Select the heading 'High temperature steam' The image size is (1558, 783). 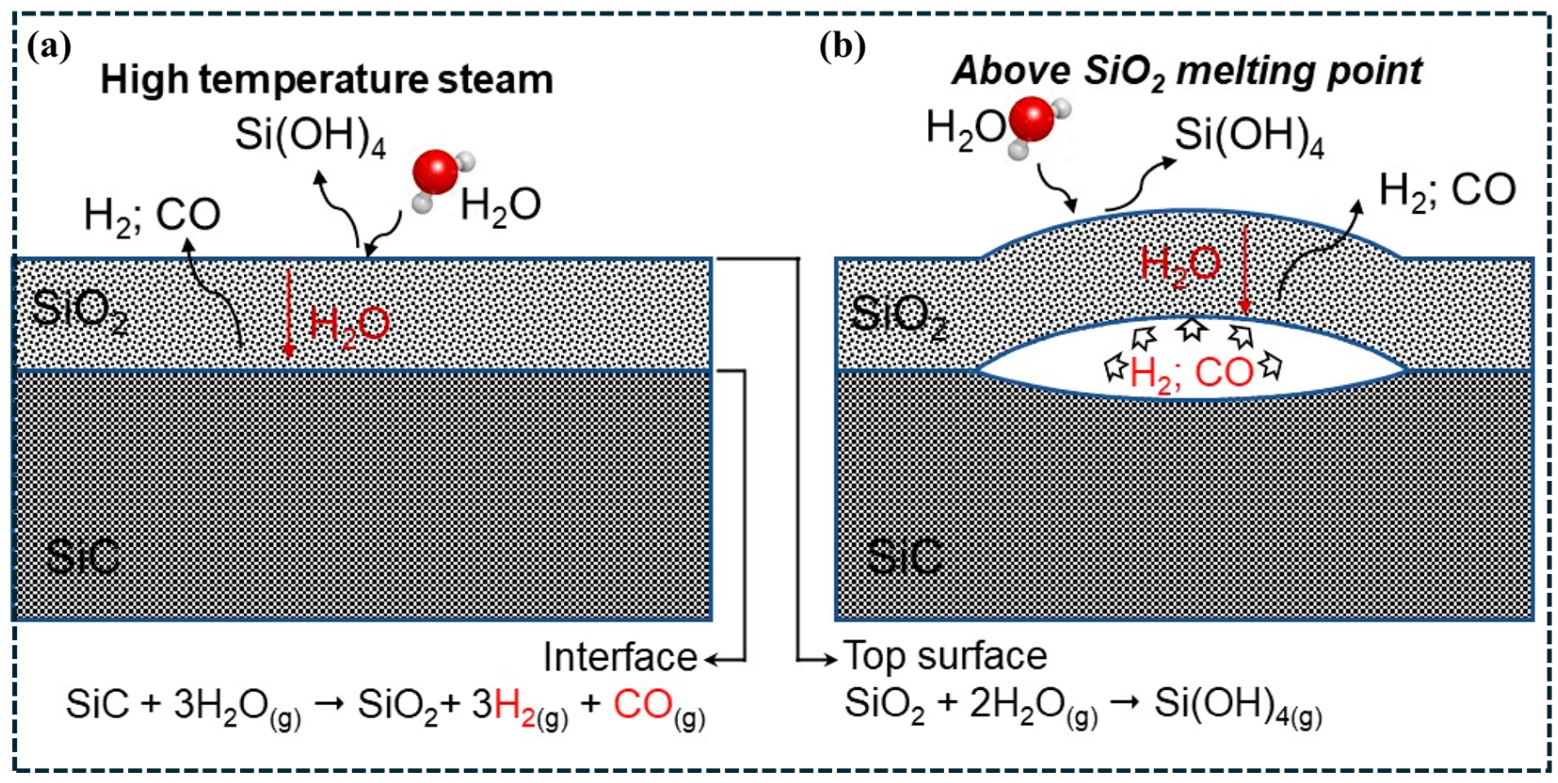coord(327,80)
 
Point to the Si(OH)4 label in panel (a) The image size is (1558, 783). coord(310,136)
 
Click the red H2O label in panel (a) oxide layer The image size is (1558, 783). coord(349,326)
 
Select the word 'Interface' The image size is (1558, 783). coord(620,657)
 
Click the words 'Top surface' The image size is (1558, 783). coord(945,656)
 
